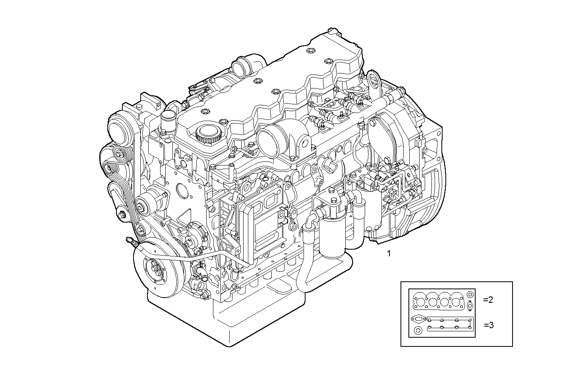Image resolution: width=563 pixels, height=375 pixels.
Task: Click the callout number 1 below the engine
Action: click(x=389, y=253)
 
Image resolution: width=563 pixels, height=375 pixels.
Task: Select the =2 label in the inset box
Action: click(x=488, y=300)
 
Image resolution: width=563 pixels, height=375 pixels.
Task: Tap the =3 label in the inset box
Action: click(x=489, y=325)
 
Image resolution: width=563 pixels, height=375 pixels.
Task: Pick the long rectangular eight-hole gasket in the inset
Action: click(x=450, y=324)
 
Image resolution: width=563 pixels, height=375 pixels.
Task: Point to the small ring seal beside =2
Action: click(x=470, y=295)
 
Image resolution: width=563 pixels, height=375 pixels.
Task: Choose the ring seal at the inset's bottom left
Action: click(x=418, y=331)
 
